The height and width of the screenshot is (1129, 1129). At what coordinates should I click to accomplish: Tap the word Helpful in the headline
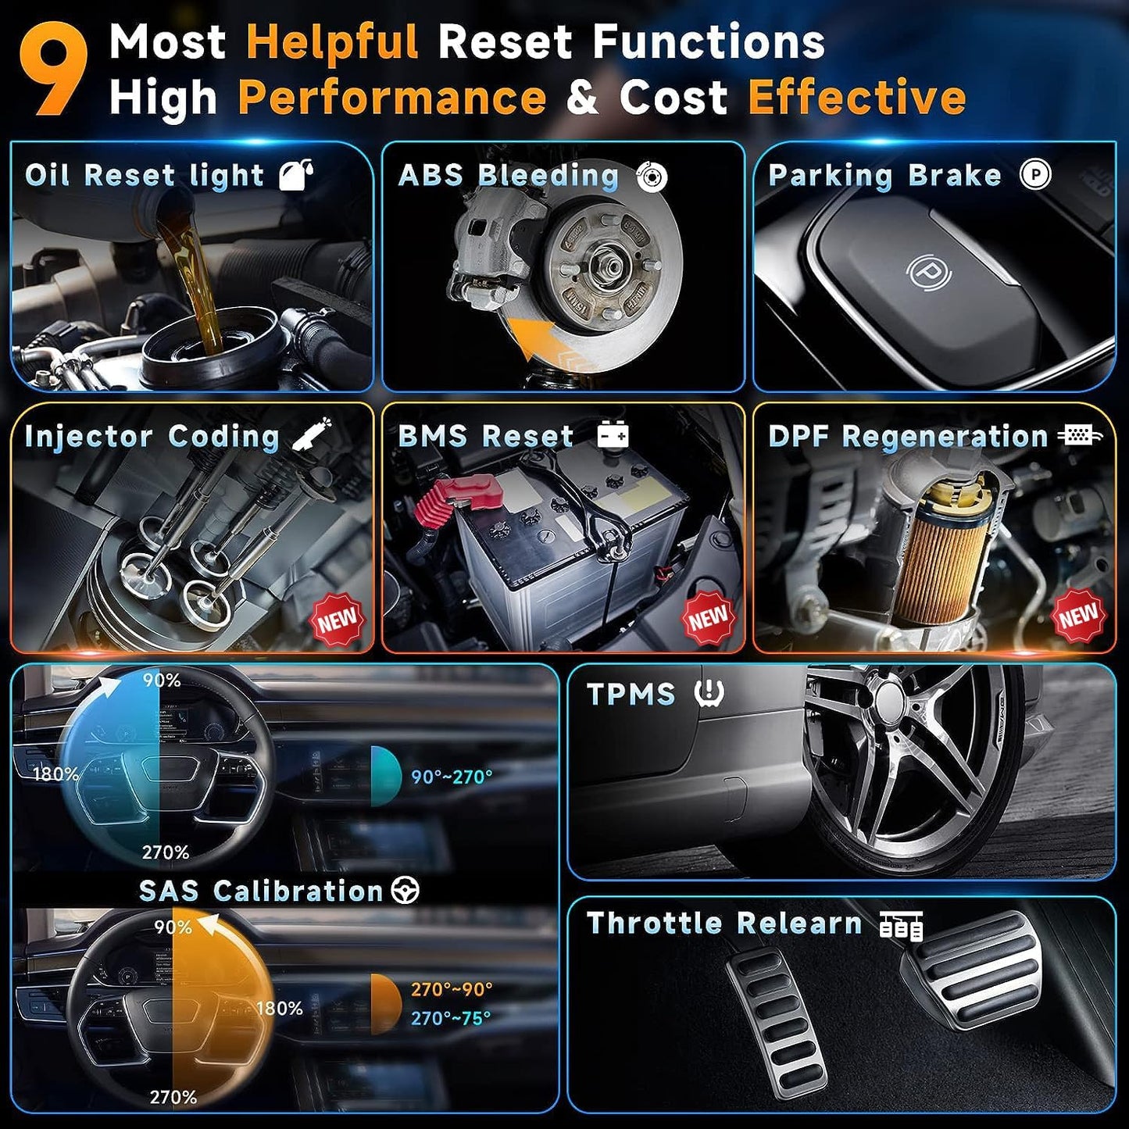[333, 41]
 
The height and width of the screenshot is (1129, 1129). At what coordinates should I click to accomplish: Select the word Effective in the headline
[857, 98]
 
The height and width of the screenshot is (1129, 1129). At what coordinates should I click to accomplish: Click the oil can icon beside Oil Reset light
[296, 174]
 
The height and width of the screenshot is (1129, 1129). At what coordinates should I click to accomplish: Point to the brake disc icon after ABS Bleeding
[652, 177]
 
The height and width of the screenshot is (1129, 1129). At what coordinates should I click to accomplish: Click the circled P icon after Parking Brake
[1035, 174]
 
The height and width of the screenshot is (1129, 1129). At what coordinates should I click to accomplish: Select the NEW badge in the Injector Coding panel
[337, 620]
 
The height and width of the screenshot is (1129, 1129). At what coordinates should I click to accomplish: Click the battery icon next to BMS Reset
[613, 434]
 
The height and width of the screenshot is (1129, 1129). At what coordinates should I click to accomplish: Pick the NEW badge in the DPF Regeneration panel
[1079, 616]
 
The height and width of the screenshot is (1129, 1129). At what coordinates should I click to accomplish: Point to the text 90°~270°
[452, 777]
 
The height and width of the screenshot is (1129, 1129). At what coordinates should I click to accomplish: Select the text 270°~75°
[452, 1018]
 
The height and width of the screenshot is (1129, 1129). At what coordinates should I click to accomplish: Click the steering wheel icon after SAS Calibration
[406, 890]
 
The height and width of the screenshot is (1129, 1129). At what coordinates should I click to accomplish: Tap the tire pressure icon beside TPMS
[709, 693]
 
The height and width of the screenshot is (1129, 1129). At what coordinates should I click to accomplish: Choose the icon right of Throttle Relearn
[901, 924]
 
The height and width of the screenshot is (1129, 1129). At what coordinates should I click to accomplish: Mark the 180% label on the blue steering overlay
[55, 774]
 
